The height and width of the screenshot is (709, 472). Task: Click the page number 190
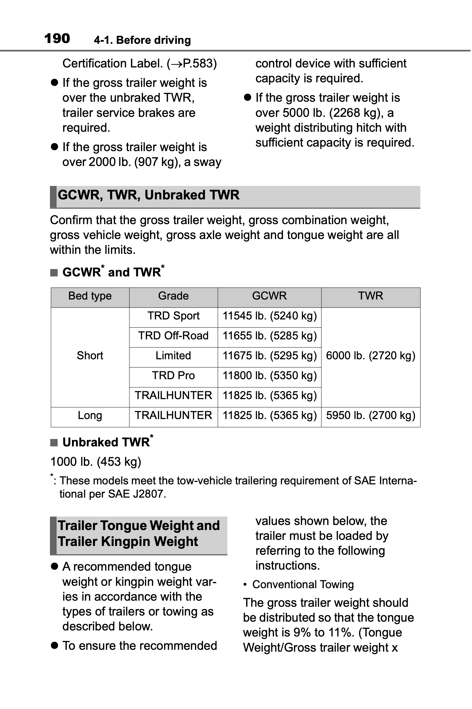point(57,39)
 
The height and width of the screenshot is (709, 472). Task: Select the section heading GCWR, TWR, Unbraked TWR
point(148,195)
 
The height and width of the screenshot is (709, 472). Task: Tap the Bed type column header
point(90,296)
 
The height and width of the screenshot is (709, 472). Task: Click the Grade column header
point(173,296)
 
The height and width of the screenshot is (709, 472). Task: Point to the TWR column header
point(370,296)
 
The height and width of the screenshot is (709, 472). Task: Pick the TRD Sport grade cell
point(173,316)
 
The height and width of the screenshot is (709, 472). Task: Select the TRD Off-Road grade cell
point(173,336)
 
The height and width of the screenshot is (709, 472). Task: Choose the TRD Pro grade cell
point(173,375)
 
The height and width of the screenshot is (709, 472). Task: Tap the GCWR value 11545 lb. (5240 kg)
point(269,316)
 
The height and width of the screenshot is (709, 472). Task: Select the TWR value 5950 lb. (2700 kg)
point(370,415)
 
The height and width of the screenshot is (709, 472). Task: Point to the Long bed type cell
point(90,415)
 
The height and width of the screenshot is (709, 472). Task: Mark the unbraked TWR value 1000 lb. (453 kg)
point(96,462)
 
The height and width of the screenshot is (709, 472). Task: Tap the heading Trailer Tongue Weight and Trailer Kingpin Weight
point(138,533)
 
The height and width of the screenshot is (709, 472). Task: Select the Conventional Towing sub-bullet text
point(303,584)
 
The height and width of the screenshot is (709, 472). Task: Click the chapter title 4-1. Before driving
point(142,40)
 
